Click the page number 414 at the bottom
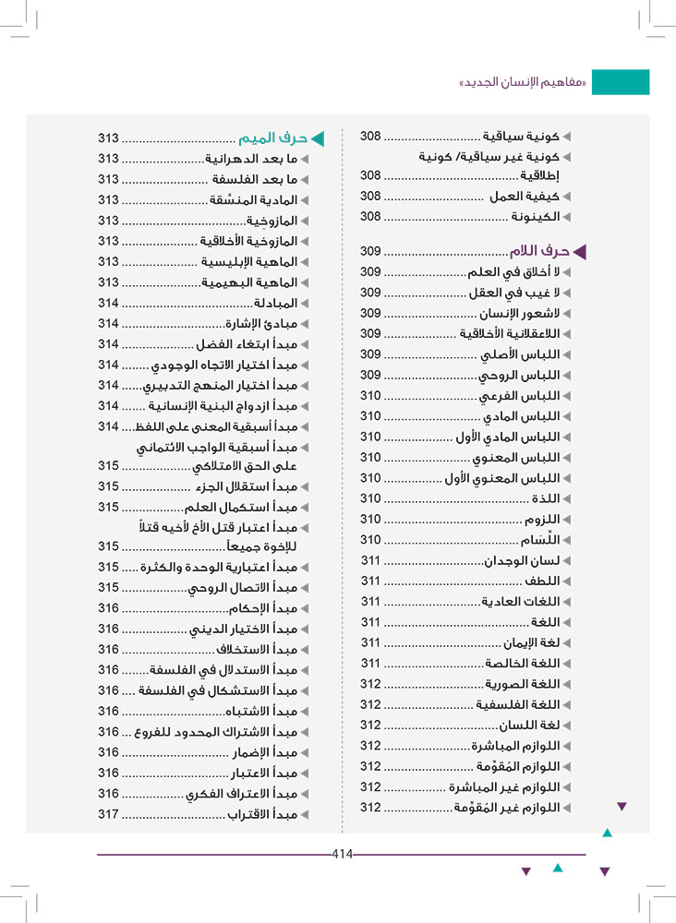click(x=343, y=854)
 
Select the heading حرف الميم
click(x=272, y=139)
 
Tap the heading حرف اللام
click(x=539, y=251)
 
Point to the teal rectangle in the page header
click(x=620, y=82)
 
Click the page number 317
click(x=109, y=814)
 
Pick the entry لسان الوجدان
click(x=523, y=560)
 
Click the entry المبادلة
click(x=275, y=303)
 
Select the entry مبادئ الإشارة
click(x=261, y=323)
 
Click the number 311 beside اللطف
click(x=371, y=581)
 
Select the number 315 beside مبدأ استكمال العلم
click(x=109, y=508)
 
